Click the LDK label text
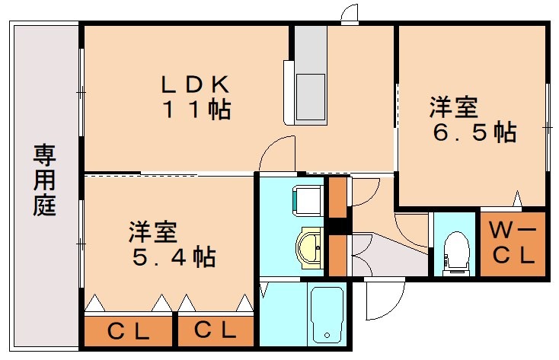coord(193,82)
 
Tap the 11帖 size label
coord(196,110)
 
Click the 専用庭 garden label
coord(44,182)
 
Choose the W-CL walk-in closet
coord(512,243)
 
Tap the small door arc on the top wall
coord(350,14)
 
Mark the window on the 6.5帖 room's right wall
coord(548,126)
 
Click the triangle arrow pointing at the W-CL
coord(518,200)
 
